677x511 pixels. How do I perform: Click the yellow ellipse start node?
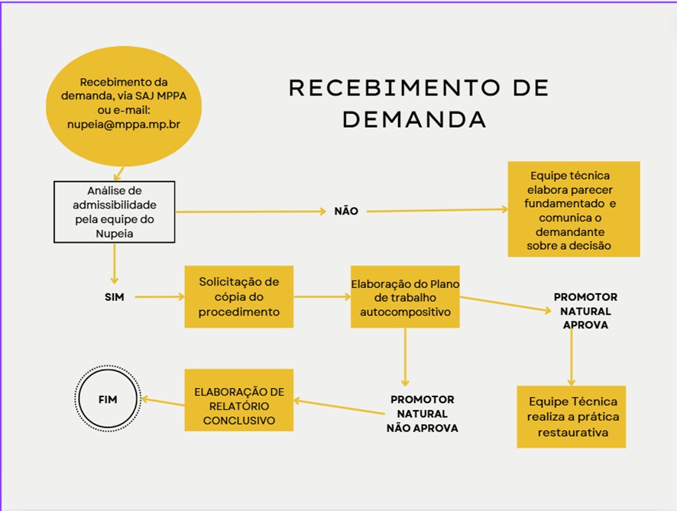tap(124, 106)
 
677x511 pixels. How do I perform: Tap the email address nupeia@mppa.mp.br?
tap(124, 125)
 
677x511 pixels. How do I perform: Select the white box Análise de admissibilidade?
tap(115, 212)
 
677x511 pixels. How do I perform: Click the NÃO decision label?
tap(346, 211)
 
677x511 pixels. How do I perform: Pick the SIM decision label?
tap(115, 297)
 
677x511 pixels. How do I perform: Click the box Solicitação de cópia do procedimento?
tap(238, 296)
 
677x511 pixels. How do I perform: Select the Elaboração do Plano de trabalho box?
tap(405, 296)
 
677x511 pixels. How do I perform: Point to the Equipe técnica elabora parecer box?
tap(574, 209)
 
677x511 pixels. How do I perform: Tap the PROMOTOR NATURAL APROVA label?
tap(585, 311)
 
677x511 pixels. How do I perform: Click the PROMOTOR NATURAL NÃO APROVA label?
tap(423, 413)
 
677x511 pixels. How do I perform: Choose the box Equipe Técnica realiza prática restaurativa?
tap(572, 416)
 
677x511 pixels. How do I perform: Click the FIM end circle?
tap(108, 399)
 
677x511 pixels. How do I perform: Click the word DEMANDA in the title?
tap(414, 120)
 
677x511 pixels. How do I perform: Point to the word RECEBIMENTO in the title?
tap(394, 88)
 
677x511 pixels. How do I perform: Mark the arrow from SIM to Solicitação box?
tap(160, 297)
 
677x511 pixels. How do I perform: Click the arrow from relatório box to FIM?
tap(164, 402)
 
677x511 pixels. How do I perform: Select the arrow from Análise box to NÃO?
tap(251, 212)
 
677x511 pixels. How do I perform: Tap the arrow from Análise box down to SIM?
tap(115, 264)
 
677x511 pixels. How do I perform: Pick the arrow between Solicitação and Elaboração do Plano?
tap(322, 297)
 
